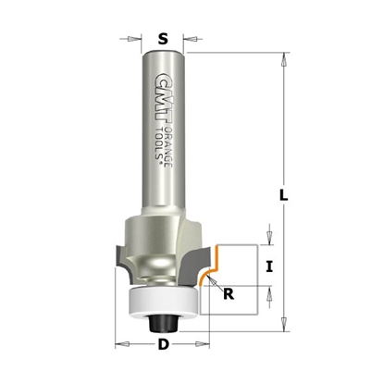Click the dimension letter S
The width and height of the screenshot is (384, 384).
[163, 39]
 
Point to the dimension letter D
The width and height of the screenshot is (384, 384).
[163, 347]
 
